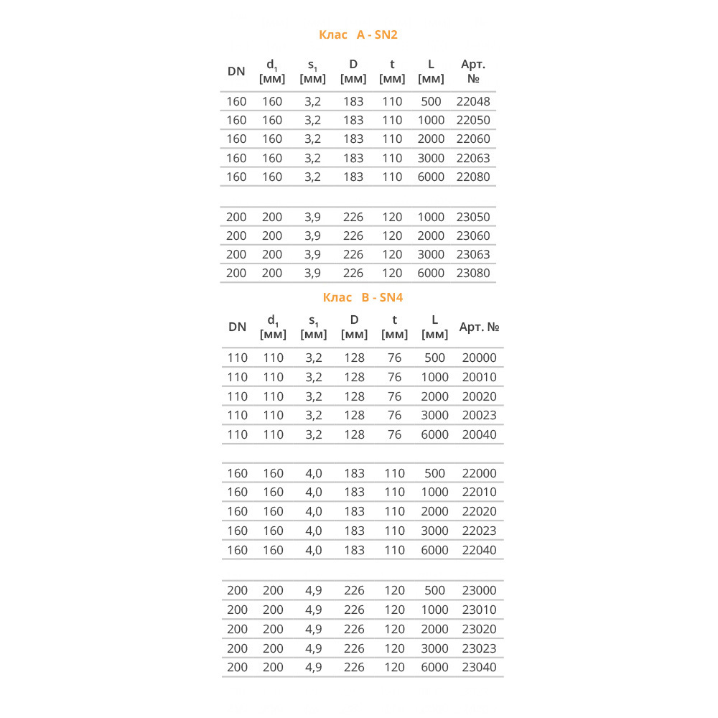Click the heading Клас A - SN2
click(358, 34)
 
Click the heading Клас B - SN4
click(363, 297)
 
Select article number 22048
click(473, 101)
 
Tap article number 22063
click(473, 158)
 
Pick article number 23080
click(473, 273)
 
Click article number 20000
click(479, 358)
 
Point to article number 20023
click(479, 415)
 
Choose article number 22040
click(479, 550)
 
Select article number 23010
click(479, 610)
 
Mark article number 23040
click(479, 667)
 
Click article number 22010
click(479, 492)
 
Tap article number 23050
click(473, 217)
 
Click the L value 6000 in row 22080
click(431, 177)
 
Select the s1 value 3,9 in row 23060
click(312, 236)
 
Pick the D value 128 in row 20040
click(354, 434)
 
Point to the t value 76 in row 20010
click(394, 377)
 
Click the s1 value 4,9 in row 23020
click(314, 629)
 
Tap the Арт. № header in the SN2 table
click(473, 71)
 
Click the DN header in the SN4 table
click(237, 327)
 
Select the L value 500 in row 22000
click(435, 473)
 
